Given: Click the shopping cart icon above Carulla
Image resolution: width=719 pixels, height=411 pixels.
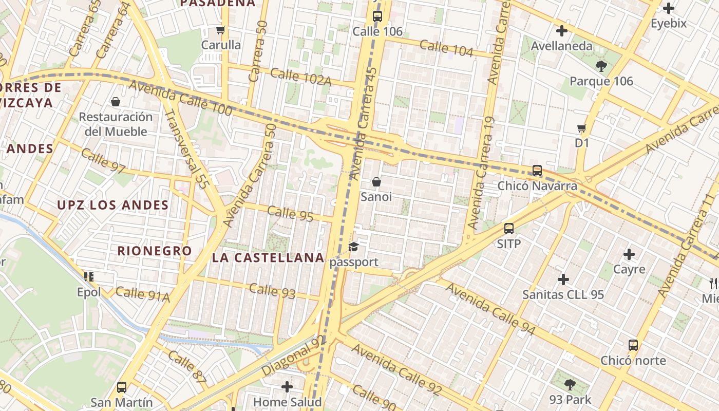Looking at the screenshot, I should [221, 30].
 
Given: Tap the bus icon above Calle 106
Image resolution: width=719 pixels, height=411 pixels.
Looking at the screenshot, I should [377, 16].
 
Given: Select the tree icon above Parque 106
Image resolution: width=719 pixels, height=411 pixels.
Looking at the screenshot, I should [601, 66].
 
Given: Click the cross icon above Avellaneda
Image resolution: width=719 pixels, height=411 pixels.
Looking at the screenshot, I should [562, 31].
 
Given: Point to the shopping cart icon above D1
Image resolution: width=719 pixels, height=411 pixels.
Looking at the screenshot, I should [581, 128].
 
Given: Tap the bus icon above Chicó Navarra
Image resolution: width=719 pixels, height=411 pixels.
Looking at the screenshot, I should [537, 170].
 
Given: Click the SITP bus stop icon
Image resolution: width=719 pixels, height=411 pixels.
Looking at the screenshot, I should [509, 229].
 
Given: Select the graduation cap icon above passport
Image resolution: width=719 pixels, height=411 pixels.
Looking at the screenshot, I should [354, 247].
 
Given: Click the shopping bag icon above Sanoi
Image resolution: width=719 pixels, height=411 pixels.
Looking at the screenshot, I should [376, 182].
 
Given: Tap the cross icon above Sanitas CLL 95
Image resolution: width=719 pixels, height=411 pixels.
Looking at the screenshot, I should [563, 279].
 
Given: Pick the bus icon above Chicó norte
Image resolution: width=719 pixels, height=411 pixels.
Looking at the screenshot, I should [633, 345].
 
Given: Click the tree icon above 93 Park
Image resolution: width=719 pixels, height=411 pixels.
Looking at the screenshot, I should [570, 384].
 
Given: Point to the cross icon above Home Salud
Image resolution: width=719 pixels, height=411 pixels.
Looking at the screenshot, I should [287, 386].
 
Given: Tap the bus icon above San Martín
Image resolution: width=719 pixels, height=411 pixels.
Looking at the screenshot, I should [122, 387].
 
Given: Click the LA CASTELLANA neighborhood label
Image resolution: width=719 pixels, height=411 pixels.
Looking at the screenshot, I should [268, 257].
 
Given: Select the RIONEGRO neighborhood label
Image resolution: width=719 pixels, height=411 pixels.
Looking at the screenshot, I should [155, 251].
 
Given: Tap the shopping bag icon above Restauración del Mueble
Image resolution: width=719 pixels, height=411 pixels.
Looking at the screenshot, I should [116, 102].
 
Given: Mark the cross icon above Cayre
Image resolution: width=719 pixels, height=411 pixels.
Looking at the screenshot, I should [629, 254].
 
